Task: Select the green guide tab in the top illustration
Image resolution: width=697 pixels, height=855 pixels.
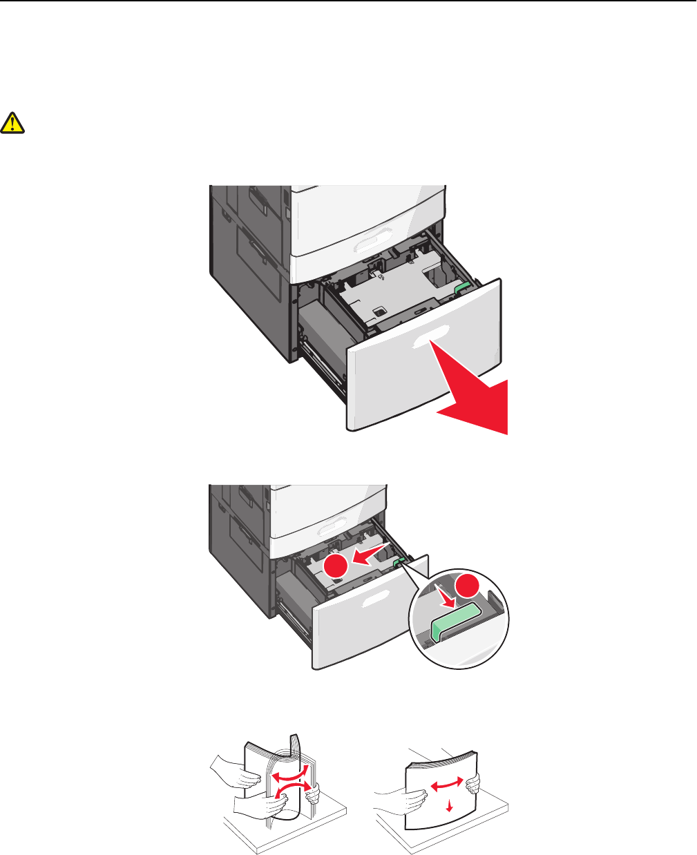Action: point(463,285)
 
